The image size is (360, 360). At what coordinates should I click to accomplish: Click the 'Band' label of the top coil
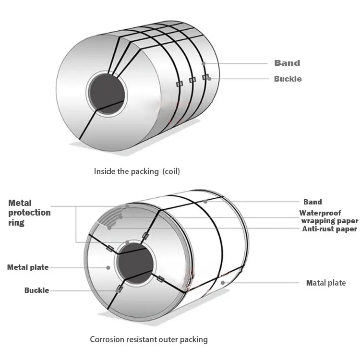(287, 63)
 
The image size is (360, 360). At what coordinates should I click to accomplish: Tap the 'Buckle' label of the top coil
(288, 79)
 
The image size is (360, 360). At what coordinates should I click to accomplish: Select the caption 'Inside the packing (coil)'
(137, 171)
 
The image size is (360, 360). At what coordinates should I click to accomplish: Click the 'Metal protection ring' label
(29, 213)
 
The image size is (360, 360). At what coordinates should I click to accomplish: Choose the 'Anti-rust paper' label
(329, 229)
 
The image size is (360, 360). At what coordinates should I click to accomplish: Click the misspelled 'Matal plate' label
(326, 283)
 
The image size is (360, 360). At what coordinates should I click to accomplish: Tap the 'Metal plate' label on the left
(28, 267)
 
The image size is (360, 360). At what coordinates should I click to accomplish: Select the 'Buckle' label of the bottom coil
(37, 290)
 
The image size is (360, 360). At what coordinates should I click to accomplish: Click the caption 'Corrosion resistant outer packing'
(149, 339)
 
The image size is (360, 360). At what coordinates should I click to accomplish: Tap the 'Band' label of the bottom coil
(312, 202)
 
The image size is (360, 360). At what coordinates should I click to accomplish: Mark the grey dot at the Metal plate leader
(108, 267)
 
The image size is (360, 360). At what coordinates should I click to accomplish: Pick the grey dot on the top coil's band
(204, 63)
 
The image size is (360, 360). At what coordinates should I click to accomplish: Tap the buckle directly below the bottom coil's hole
(119, 289)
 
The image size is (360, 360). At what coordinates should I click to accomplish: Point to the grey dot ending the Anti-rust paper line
(110, 228)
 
